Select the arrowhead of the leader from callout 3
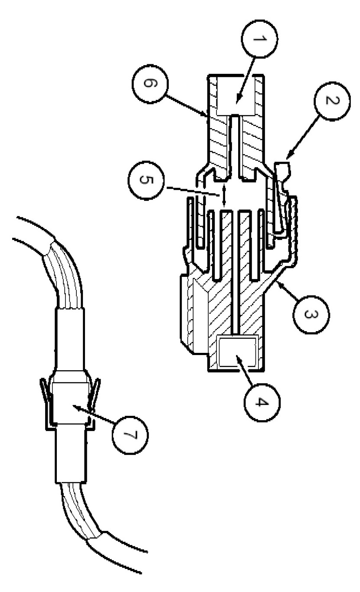pos(278,283)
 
